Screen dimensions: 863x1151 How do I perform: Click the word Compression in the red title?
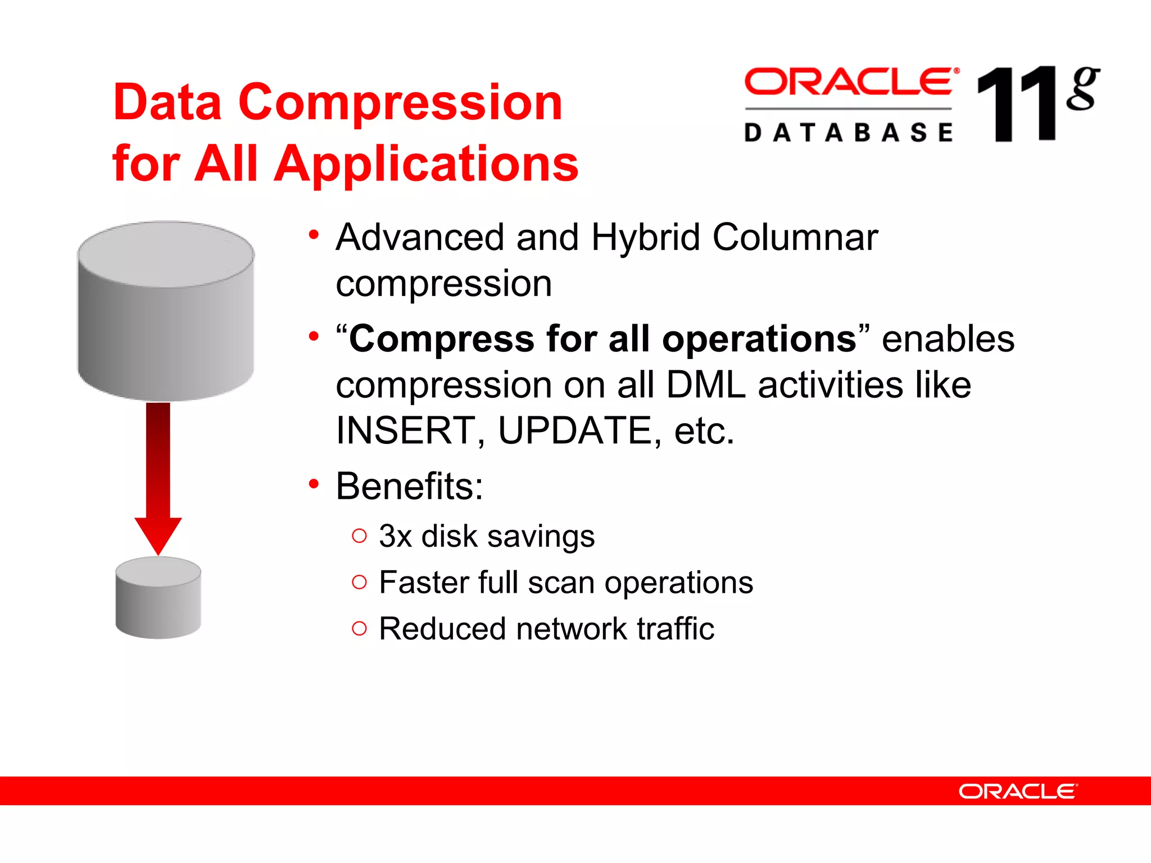pos(400,103)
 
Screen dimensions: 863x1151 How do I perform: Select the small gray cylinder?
pos(158,598)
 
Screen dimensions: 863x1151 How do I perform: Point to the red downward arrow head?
pos(158,534)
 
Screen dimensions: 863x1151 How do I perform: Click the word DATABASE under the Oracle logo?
pos(849,133)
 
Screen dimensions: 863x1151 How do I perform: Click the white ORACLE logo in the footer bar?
pos(1018,792)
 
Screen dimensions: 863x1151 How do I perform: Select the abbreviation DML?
pos(706,385)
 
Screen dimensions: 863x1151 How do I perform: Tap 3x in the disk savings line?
pos(395,537)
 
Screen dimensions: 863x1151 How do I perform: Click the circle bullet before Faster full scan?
pos(359,582)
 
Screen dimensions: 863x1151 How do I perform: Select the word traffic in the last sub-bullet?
pos(676,629)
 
